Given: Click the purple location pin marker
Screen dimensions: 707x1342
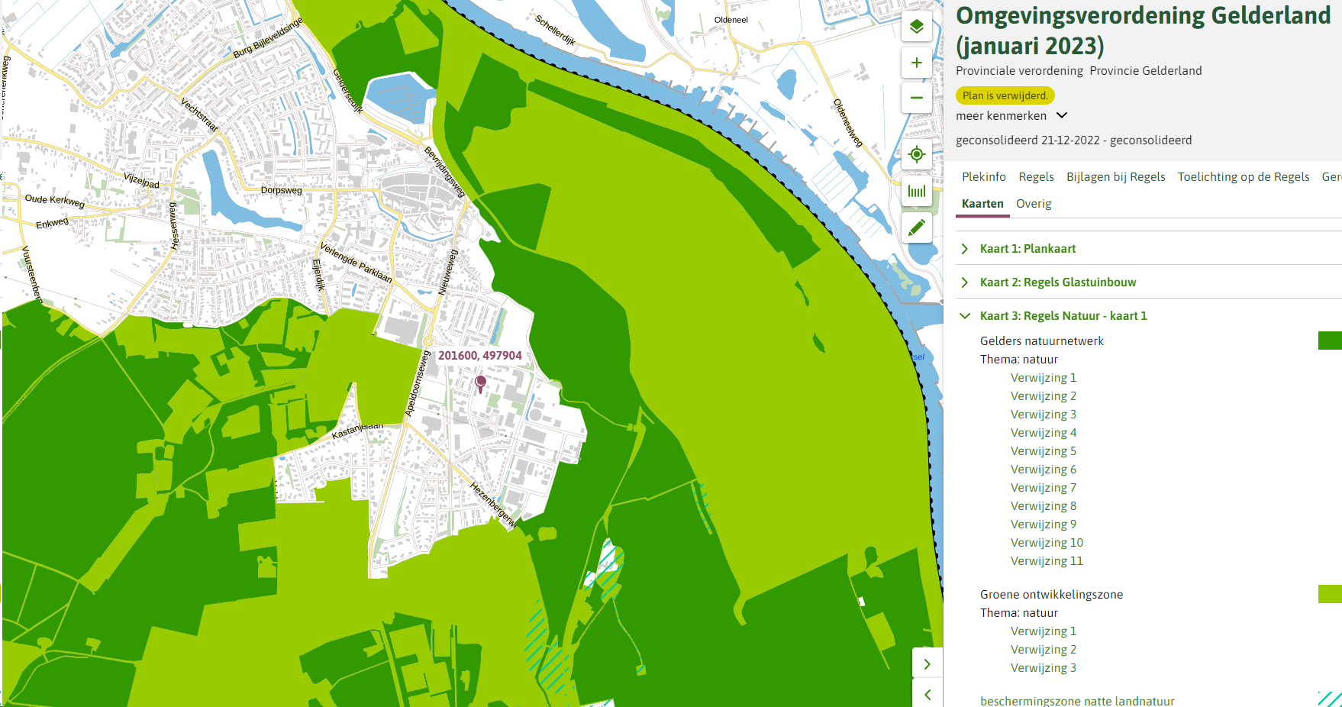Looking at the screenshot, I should (x=480, y=382).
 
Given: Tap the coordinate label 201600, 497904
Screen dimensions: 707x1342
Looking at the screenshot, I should (x=479, y=356).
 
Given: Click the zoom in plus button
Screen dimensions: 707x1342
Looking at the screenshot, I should (x=917, y=63).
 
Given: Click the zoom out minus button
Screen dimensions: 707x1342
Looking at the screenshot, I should (x=917, y=98).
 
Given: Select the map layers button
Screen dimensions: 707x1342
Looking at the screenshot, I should (x=917, y=27).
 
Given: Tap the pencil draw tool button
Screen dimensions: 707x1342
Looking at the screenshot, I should (x=917, y=227).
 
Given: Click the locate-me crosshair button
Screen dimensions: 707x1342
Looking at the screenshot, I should (x=917, y=154).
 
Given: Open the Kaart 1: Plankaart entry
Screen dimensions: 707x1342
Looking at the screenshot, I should (x=1027, y=249).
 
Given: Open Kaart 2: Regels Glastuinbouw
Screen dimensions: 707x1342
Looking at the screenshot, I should (x=1057, y=282).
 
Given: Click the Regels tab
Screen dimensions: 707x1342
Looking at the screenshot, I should (x=1036, y=177).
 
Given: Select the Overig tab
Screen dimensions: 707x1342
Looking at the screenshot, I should (x=1034, y=204).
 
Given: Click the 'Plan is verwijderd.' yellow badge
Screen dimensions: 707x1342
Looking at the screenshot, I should (x=1005, y=95).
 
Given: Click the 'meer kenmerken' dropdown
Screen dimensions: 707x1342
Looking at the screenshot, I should (x=1011, y=116).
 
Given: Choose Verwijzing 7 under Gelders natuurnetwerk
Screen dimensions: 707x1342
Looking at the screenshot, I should (x=1043, y=488).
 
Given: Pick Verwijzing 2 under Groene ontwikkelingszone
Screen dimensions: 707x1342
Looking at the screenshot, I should (x=1043, y=650).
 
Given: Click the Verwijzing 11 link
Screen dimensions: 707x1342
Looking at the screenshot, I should (x=1047, y=561).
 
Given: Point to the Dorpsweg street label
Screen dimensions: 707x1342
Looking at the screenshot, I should (x=281, y=190).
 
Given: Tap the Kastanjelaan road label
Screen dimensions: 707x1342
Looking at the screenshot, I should (x=356, y=430).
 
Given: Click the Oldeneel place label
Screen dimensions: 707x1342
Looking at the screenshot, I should (x=731, y=20).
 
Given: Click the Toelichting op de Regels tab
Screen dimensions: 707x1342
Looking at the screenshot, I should (x=1243, y=177).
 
